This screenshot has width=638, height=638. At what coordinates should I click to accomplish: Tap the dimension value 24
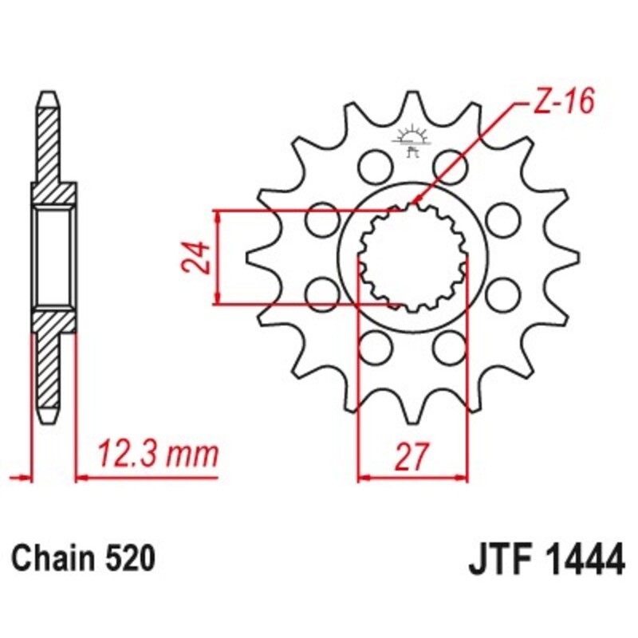point(197,257)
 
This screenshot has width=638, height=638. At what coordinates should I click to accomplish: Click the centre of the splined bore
point(411,257)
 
